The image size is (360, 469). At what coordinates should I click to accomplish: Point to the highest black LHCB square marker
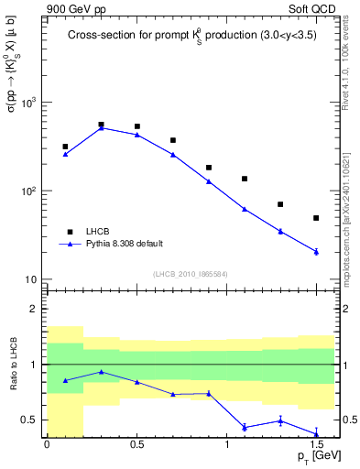click(101, 124)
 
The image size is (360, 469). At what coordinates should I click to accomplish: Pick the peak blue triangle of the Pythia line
click(101, 128)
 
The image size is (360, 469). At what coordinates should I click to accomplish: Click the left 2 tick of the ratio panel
click(36, 309)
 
